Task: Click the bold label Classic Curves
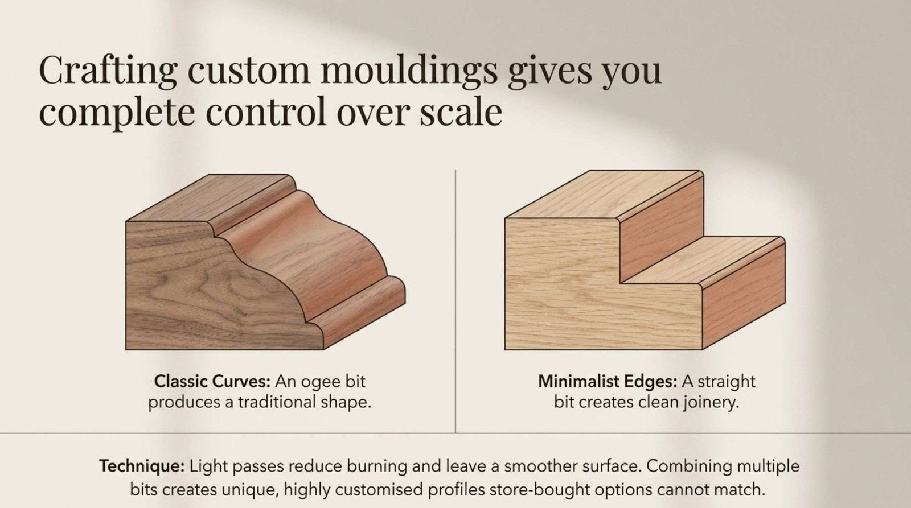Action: [x=212, y=382]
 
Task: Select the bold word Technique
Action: [x=142, y=466]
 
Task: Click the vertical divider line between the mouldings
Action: [x=455, y=301]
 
